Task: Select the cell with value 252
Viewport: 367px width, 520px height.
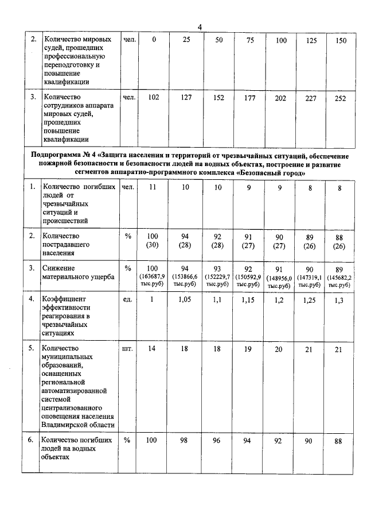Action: (x=341, y=98)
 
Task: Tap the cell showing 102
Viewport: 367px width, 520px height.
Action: (x=154, y=98)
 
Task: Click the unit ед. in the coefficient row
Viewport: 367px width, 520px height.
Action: (x=128, y=299)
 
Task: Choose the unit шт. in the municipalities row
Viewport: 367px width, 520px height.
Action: (x=128, y=348)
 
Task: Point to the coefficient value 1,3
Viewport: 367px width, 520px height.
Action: (x=341, y=299)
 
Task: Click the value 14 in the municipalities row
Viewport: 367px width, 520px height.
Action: (x=154, y=349)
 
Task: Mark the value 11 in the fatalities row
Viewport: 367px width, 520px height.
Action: (x=154, y=188)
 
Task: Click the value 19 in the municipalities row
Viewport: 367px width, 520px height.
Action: (x=248, y=349)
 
